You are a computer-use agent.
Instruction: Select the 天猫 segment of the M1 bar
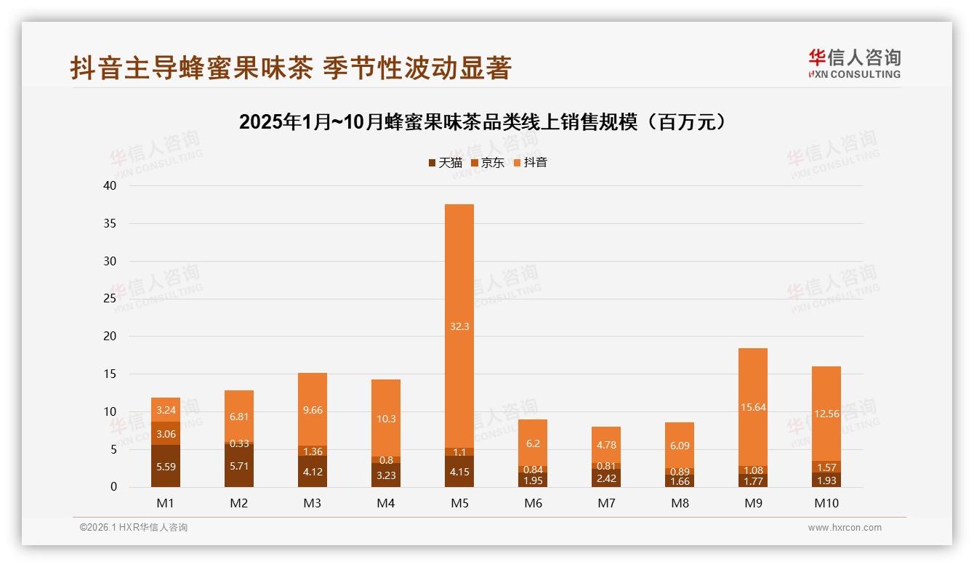click(x=166, y=466)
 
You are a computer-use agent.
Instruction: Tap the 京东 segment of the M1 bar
click(x=166, y=433)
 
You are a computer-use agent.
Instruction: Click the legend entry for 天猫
click(x=445, y=163)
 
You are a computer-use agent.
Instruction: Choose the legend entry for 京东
click(x=487, y=163)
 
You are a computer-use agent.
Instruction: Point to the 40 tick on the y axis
click(x=110, y=185)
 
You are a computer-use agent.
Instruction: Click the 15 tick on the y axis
click(x=110, y=374)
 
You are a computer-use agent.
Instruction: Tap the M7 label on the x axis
click(x=606, y=503)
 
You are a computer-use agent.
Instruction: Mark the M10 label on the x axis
click(x=826, y=503)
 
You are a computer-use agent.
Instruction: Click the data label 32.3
click(x=459, y=326)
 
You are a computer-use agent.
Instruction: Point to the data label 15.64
click(x=753, y=407)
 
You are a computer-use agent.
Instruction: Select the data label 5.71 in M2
click(x=239, y=465)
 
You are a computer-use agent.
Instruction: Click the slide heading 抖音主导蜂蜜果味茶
click(x=291, y=68)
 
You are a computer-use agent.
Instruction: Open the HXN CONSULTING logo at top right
click(x=854, y=64)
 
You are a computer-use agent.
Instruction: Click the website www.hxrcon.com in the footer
click(x=845, y=528)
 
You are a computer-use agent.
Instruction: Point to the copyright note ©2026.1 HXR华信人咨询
click(x=134, y=528)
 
